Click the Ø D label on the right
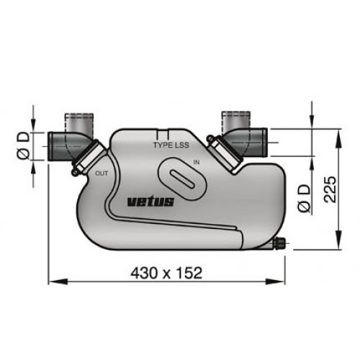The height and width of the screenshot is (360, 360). [304, 197]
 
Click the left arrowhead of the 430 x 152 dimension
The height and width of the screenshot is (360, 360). [51, 281]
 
